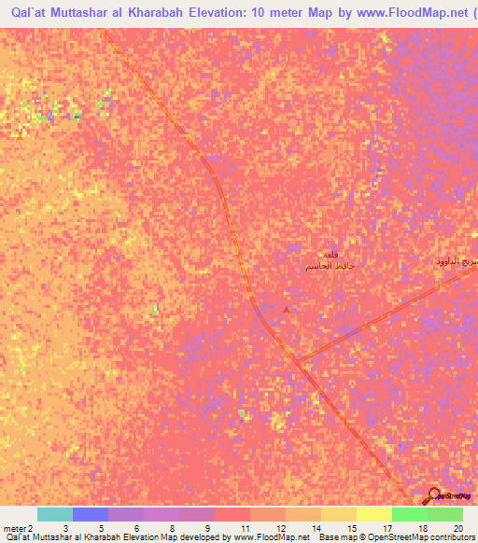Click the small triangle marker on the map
[x=287, y=310]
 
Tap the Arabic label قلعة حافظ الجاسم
[x=328, y=262]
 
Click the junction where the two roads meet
[x=296, y=360]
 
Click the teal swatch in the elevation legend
[x=55, y=514]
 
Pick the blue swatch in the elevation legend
[x=91, y=514]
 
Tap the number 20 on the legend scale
[x=457, y=527]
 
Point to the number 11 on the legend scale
[x=245, y=527]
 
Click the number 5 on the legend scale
[x=101, y=527]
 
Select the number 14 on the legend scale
[x=316, y=527]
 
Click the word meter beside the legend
[x=14, y=527]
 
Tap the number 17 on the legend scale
[x=387, y=527]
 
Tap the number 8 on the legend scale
[x=173, y=527]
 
